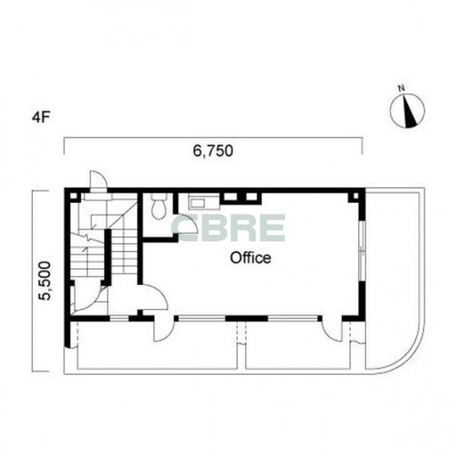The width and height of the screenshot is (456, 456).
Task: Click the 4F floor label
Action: [41, 118]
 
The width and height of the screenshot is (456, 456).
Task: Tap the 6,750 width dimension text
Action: [213, 151]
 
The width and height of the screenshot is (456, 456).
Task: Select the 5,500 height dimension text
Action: [45, 280]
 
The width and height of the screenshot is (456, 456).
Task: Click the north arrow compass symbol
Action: [407, 111]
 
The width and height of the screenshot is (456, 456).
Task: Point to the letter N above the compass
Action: [402, 88]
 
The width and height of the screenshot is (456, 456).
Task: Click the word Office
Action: [251, 257]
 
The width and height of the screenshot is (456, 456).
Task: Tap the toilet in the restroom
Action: [159, 206]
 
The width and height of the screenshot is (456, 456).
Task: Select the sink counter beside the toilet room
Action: [204, 201]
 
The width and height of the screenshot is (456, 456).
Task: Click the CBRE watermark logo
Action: [229, 228]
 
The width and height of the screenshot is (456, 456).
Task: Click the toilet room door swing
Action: [188, 224]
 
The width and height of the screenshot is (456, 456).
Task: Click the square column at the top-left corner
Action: [74, 195]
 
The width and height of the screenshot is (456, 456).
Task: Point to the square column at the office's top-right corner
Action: [355, 196]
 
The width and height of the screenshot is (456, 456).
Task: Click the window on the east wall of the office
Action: [362, 251]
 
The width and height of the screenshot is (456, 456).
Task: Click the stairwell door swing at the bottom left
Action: [87, 298]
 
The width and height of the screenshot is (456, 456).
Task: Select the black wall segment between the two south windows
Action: [246, 319]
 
